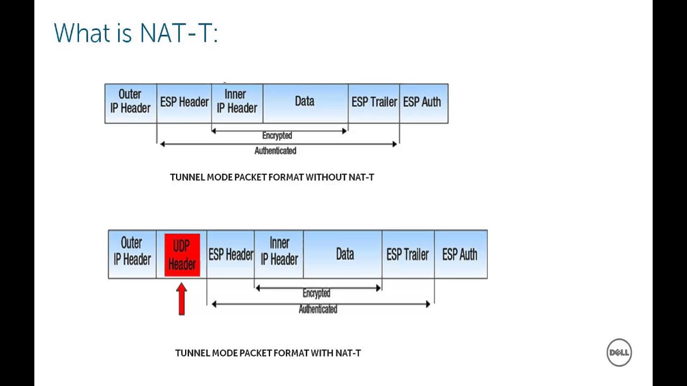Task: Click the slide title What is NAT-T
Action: [x=136, y=33]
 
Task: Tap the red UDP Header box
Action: [x=182, y=255]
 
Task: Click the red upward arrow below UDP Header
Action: [x=181, y=299]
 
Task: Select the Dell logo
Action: [x=619, y=352]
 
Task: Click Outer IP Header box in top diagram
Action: [x=130, y=102]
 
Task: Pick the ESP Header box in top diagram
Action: [x=184, y=102]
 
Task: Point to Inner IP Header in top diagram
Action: [x=237, y=102]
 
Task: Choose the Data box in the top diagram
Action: [x=304, y=102]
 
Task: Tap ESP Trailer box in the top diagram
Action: [x=374, y=102]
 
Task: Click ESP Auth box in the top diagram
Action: [x=422, y=102]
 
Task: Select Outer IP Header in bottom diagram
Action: [x=132, y=252]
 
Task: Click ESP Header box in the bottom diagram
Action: [x=231, y=255]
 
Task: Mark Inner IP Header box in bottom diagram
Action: [x=279, y=252]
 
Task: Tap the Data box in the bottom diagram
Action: [x=345, y=254]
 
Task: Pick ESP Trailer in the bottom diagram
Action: [x=407, y=254]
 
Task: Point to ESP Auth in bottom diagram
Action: [x=460, y=254]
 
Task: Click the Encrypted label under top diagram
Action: [x=277, y=136]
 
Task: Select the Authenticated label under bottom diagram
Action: [x=318, y=309]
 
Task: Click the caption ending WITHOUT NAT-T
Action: [x=272, y=177]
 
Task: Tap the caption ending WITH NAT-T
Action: [x=268, y=353]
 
